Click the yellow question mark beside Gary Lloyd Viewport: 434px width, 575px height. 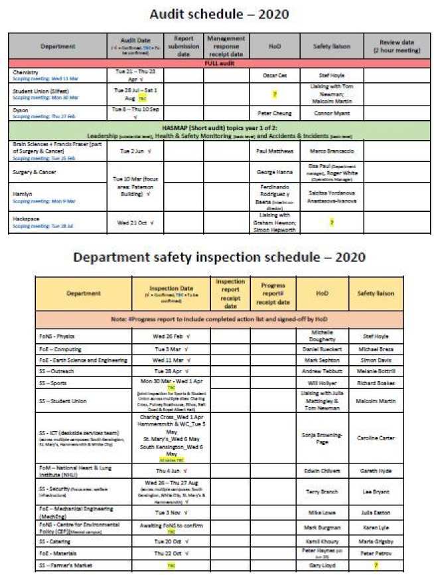(376, 564)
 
